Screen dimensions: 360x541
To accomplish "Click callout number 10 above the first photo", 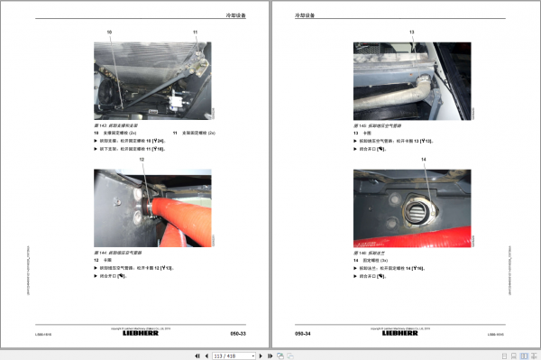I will coord(110,32).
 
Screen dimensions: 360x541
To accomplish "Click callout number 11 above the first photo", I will coord(194,32).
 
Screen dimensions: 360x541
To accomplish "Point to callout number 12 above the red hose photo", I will coord(141,160).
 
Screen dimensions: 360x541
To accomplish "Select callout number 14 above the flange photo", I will coord(424,160).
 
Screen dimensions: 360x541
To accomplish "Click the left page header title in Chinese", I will coord(236,15).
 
